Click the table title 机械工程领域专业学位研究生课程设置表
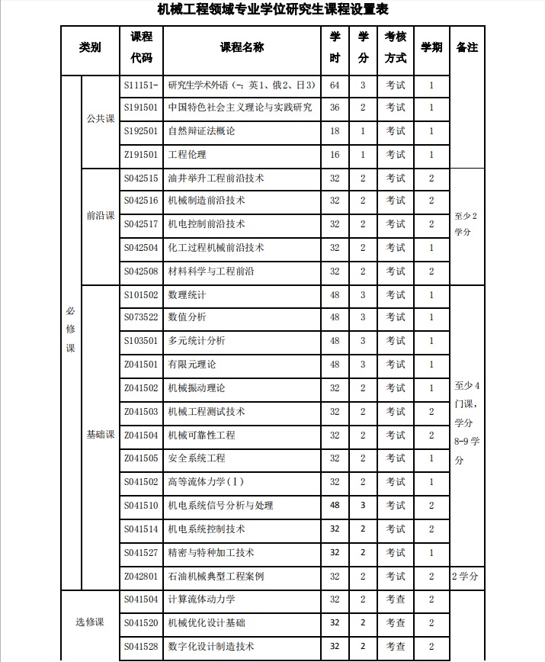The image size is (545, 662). coord(272,10)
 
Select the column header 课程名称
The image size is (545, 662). coord(242,47)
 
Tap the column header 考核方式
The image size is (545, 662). coord(395,47)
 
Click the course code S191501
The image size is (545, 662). coord(141,108)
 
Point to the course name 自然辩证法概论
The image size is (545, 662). coord(201,131)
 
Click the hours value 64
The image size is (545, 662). coord(335,85)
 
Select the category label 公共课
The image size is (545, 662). coord(100,119)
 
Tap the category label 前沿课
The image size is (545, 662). coord(100,215)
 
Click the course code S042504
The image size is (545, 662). coord(141,248)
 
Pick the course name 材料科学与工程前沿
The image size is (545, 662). coord(211,272)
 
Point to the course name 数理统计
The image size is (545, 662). coord(187,294)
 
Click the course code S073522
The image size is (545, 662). coord(141,317)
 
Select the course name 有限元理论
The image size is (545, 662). coord(191,365)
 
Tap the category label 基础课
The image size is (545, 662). coord(100,435)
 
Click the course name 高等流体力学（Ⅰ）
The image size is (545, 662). coord(206,482)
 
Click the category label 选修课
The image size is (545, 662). coord(89,622)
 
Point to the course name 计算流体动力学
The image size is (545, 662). coord(201,599)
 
